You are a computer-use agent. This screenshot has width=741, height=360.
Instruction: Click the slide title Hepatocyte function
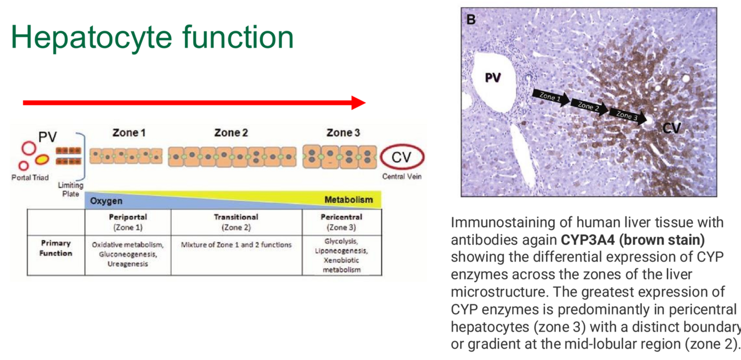click(x=152, y=37)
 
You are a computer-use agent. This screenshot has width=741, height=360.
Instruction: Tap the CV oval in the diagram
click(x=401, y=158)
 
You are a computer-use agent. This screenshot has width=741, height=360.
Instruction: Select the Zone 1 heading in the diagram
click(x=129, y=133)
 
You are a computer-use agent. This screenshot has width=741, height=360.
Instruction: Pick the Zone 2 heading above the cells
click(x=231, y=133)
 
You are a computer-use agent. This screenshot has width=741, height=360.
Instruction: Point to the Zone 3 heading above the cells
click(x=343, y=133)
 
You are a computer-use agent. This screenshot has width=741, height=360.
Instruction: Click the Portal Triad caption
click(x=30, y=177)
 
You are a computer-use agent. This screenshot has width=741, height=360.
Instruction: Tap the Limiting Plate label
click(x=71, y=189)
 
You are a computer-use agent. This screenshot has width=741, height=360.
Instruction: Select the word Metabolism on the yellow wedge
click(x=348, y=199)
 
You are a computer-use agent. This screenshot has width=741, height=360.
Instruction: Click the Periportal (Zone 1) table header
click(x=128, y=222)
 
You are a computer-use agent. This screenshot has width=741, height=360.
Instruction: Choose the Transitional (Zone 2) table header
click(x=236, y=222)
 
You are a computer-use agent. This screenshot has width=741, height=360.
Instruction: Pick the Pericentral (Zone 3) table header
click(x=341, y=222)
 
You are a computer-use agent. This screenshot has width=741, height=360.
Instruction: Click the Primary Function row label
click(x=56, y=248)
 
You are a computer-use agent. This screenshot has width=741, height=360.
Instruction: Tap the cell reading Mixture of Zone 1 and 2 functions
click(x=236, y=244)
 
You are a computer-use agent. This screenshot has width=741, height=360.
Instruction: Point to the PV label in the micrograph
click(x=492, y=78)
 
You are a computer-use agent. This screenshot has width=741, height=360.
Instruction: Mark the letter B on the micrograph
click(x=471, y=20)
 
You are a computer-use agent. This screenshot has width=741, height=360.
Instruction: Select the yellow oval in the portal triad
click(x=42, y=160)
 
